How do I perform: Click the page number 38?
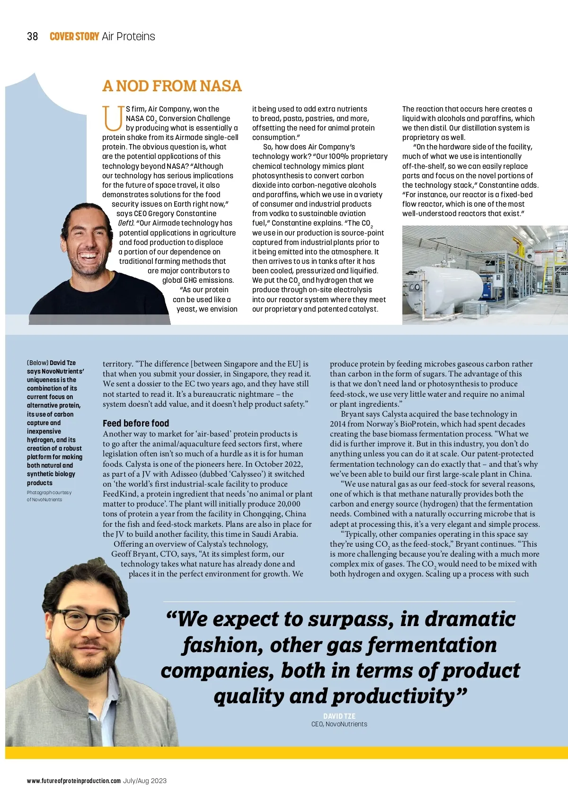click(x=32, y=36)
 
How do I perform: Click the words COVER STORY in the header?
click(x=74, y=36)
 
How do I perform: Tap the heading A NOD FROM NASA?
click(x=172, y=86)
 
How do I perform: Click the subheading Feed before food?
click(x=135, y=423)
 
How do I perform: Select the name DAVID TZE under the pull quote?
click(x=339, y=716)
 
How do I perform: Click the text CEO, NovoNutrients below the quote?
click(x=339, y=724)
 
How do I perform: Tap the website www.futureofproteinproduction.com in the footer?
click(x=74, y=781)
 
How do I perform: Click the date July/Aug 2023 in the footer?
click(x=145, y=781)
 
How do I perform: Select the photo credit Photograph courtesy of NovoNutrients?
click(x=49, y=496)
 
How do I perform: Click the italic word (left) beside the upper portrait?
click(x=126, y=223)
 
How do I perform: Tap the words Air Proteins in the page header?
click(x=128, y=36)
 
